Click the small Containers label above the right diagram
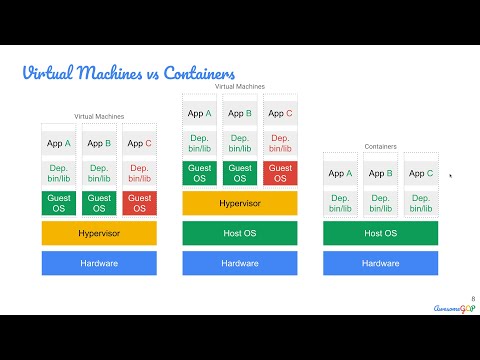coord(380,146)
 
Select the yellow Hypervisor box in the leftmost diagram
coord(99,233)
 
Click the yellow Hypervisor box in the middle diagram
coord(239,204)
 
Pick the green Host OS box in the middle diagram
coord(239,233)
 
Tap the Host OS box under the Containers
coord(380,233)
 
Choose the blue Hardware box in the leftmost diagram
coord(99,263)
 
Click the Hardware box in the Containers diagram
coord(380,263)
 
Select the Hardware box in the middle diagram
coord(239,263)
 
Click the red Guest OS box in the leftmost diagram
coord(140,203)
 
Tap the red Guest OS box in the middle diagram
coord(281,173)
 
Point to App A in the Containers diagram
coord(340,173)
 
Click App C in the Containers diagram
coord(421,173)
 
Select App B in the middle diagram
coord(239,113)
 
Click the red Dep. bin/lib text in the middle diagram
coord(281,143)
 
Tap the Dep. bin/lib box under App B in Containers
coord(380,203)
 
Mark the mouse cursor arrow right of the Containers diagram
coord(450,176)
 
